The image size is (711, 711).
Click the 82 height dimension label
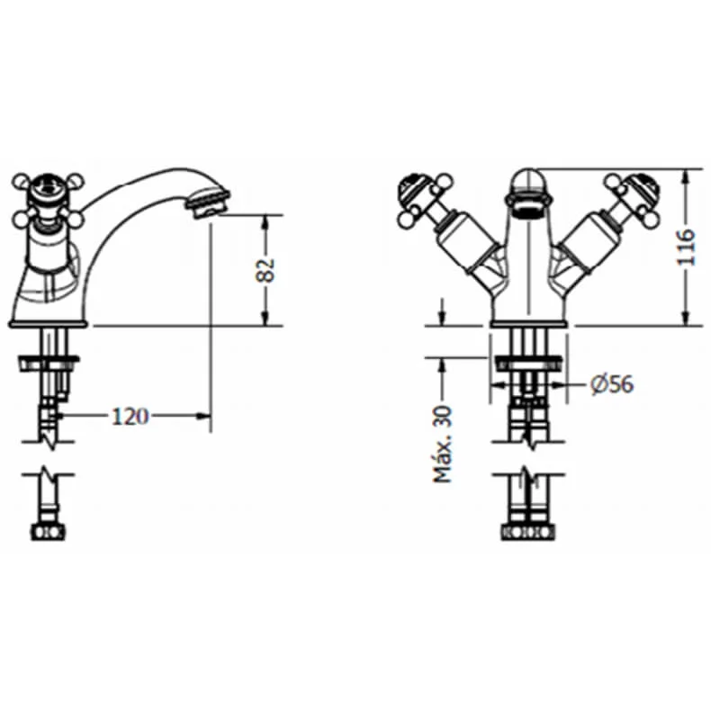[265, 269]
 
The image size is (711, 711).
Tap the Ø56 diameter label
[612, 384]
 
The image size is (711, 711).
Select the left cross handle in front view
[418, 198]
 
